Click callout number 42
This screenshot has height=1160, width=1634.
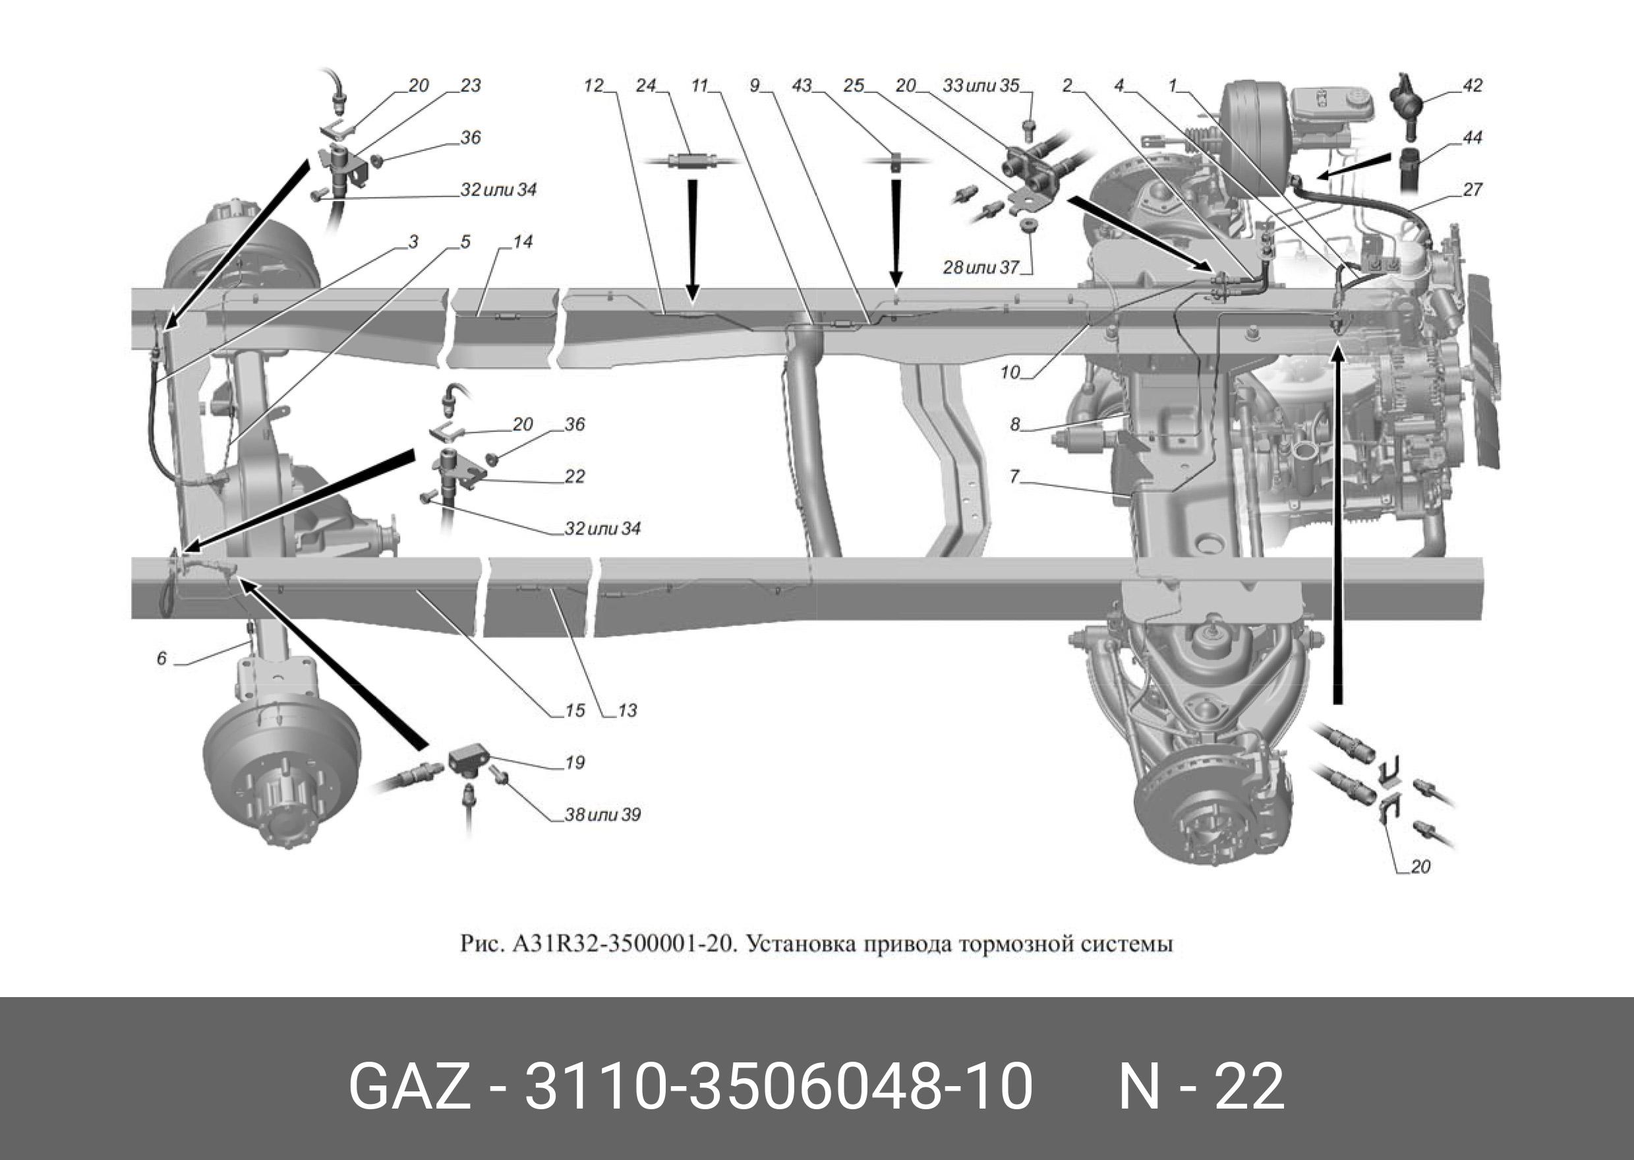coord(1472,86)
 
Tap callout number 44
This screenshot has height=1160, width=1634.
coord(1472,138)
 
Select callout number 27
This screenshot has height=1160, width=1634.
coord(1472,190)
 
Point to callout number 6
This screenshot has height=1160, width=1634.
coord(162,658)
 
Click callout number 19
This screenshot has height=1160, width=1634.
coord(575,763)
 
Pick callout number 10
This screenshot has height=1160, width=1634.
coord(1009,372)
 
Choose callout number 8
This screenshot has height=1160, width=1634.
coord(1015,424)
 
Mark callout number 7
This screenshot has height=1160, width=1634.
coord(1015,476)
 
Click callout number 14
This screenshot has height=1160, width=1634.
coord(523,242)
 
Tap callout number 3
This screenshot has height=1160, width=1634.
coord(413,242)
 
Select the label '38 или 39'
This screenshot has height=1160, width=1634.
coord(602,815)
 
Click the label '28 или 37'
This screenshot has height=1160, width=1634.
coord(980,268)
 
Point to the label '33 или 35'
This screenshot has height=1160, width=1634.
coord(981,86)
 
